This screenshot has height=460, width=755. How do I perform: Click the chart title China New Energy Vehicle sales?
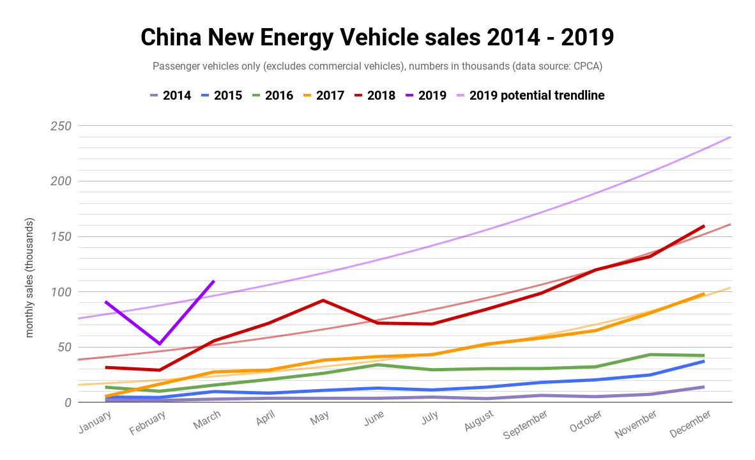click(377, 37)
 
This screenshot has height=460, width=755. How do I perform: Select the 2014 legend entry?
click(171, 96)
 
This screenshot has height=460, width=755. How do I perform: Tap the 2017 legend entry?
click(323, 96)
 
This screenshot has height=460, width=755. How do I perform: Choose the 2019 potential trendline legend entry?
click(530, 96)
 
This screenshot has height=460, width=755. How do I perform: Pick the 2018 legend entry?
click(374, 96)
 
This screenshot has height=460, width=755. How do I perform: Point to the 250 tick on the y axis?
click(61, 126)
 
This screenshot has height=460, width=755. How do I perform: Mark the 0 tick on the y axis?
click(67, 402)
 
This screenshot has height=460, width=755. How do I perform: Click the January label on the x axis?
click(95, 420)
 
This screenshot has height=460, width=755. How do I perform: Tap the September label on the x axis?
click(525, 424)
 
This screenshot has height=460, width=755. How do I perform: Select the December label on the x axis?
click(690, 424)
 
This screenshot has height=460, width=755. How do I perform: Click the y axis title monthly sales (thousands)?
click(29, 278)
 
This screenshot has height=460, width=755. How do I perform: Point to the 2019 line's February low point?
click(160, 344)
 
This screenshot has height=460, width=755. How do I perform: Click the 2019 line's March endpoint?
click(213, 281)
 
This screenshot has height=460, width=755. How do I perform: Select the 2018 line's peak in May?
click(323, 300)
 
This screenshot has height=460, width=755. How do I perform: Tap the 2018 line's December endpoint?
click(704, 226)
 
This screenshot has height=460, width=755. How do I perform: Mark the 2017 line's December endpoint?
click(704, 294)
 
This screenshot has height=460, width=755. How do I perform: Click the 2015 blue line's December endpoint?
click(704, 361)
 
